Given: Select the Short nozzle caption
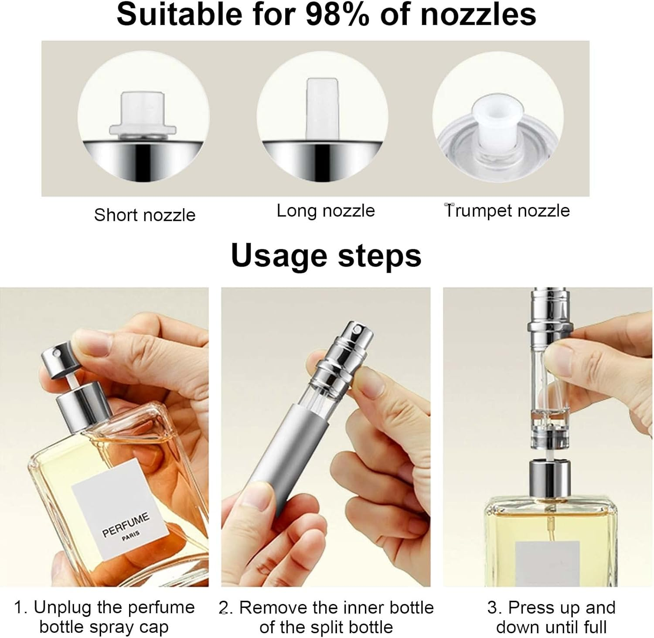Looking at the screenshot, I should (145, 215).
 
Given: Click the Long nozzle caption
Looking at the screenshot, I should (326, 210).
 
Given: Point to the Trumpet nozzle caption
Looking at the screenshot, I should (507, 210).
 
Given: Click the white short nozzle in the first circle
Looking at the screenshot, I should (143, 114).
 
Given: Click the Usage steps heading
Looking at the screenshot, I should (326, 255).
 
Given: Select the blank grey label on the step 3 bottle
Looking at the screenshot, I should (547, 562).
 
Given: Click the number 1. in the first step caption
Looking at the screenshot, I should (21, 607).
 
